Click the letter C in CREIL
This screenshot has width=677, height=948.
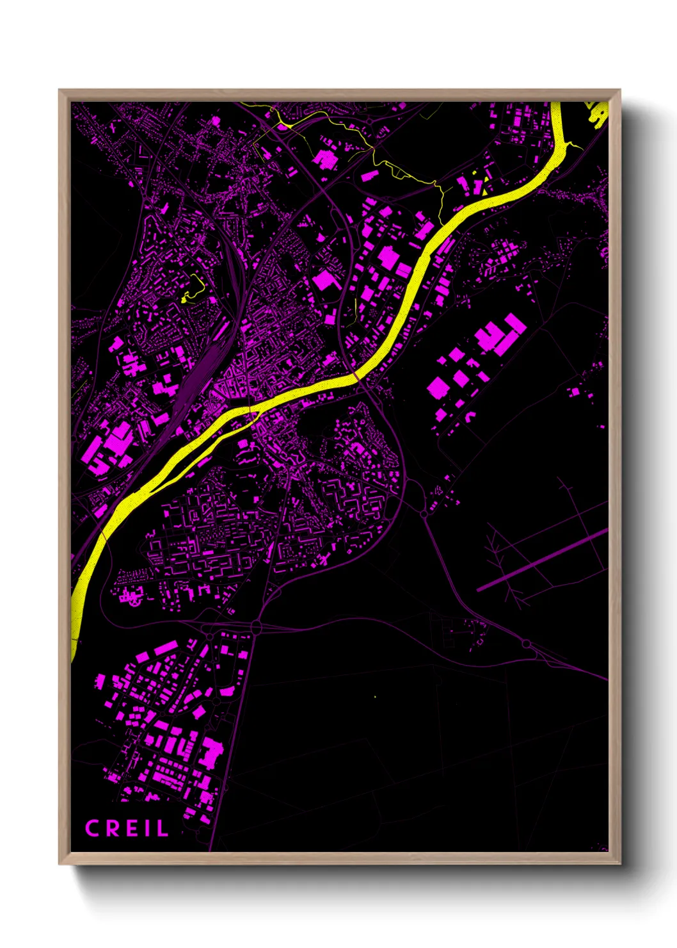92,828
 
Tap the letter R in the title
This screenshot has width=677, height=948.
111,828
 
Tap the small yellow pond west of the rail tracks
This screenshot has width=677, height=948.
186,297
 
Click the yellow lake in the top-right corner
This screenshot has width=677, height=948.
599,114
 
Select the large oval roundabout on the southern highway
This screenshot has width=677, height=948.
256,626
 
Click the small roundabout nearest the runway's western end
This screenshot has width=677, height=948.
424,514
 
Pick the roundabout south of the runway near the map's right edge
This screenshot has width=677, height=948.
526,643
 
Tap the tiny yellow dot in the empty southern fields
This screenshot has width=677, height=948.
375,696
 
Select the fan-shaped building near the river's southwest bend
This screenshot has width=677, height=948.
131,598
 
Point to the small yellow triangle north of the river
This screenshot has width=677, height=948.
485,189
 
